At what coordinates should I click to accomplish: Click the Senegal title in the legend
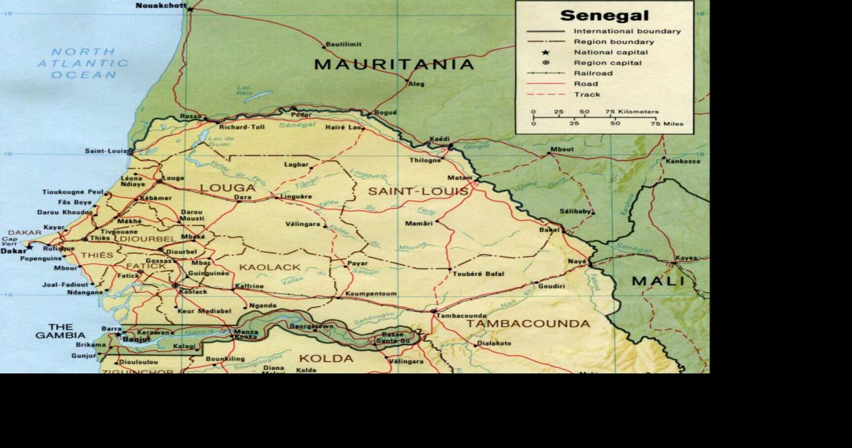pos(604,16)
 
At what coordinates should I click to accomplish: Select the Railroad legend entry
pos(593,73)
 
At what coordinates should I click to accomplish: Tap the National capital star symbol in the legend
pos(545,53)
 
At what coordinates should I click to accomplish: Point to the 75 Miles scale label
pos(667,124)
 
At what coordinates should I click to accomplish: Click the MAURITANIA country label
pos(394,65)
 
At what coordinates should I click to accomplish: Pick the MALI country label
pos(657,281)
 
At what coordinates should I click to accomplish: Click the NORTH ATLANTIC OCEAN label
pos(83,63)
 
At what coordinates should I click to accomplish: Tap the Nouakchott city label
pos(160,6)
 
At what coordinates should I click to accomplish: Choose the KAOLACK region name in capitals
pos(270,267)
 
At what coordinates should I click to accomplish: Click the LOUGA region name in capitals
pos(227,188)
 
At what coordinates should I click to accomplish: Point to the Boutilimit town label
pos(345,44)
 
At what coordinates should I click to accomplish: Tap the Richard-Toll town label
pos(242,127)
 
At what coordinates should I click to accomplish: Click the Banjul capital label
pos(137,339)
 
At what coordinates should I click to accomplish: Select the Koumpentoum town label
pos(371,294)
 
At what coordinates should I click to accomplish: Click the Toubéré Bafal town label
pos(478,274)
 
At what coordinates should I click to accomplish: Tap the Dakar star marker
pos(30,246)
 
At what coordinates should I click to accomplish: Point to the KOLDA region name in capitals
pos(326,359)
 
